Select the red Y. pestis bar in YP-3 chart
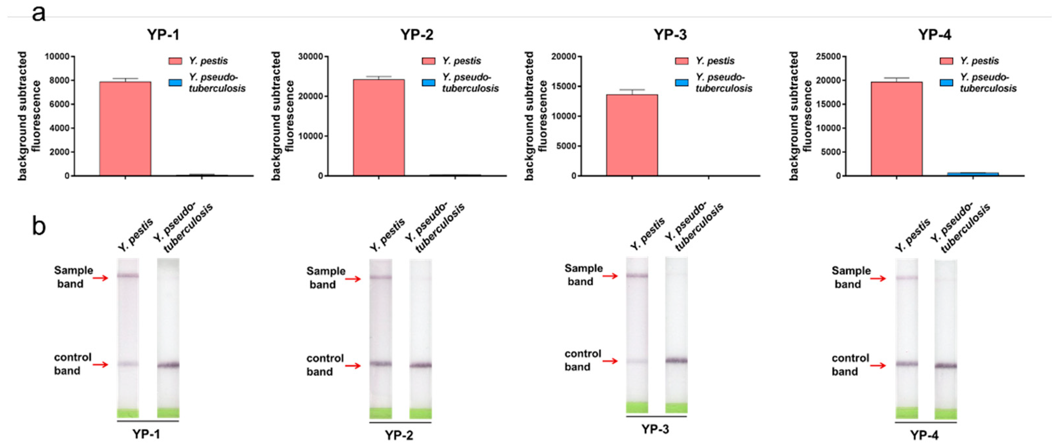coord(632,135)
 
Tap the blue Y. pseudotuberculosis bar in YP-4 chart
coord(972,174)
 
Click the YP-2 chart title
coord(417,35)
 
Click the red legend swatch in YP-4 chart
coord(946,61)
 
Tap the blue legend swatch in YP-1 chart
coord(175,83)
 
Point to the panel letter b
coord(39,226)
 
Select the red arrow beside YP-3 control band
coord(610,361)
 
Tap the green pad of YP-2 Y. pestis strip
coord(380,413)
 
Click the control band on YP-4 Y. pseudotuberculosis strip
coord(946,365)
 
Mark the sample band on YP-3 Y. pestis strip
coord(637,275)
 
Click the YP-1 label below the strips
coord(146,434)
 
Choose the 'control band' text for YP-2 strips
coord(324,365)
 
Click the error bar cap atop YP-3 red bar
coord(632,90)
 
